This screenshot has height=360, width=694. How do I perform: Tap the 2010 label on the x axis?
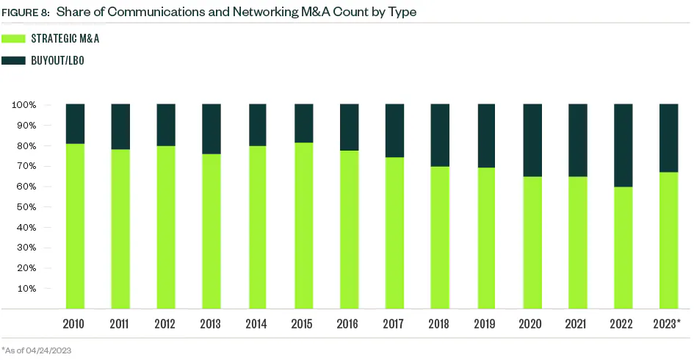click(74, 324)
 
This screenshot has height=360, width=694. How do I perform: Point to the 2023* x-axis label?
click(668, 324)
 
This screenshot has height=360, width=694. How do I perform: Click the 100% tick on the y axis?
click(24, 105)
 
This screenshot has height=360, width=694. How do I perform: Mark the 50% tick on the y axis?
click(26, 206)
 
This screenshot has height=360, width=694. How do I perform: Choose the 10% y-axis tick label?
click(26, 288)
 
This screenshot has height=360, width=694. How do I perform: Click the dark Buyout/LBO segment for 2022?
click(623, 145)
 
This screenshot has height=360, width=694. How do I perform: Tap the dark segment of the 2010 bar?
click(74, 123)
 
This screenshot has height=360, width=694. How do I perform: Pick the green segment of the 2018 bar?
click(440, 237)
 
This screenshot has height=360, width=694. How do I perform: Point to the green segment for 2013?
click(212, 231)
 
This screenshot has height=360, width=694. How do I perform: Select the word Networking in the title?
click(247, 11)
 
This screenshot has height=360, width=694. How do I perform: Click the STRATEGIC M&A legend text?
click(65, 38)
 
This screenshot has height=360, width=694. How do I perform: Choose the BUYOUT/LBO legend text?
click(58, 60)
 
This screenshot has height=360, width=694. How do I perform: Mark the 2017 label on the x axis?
click(394, 324)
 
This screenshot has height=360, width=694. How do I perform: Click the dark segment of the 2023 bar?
click(668, 137)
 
